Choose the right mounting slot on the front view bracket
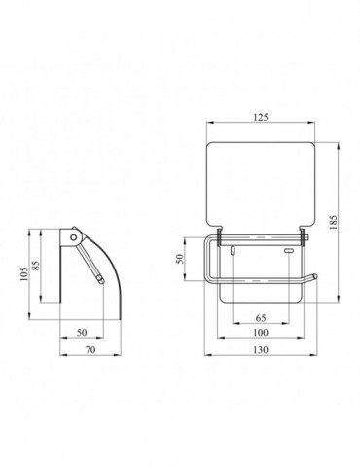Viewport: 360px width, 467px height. click(x=287, y=250)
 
